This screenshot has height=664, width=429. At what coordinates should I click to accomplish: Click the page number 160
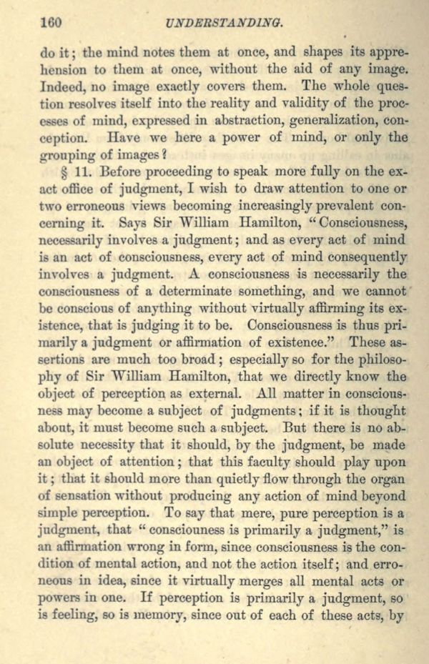52,22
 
